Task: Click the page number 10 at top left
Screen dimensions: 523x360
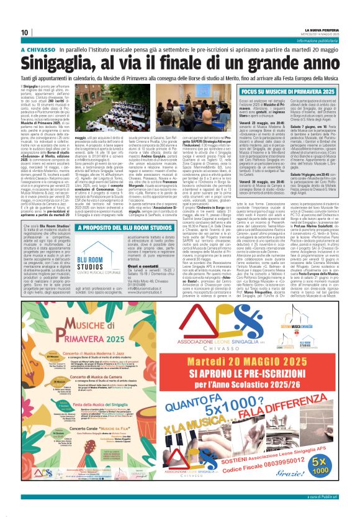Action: [x=25, y=32]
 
